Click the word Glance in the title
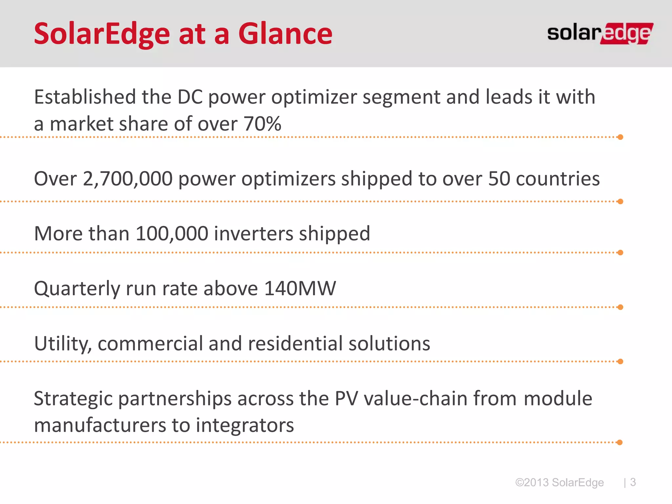coord(285,33)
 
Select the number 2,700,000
coord(128,179)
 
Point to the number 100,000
coord(172,234)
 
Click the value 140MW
coord(300,288)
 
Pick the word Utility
coord(63,344)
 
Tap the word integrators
coord(245,425)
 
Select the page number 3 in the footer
coord(633,482)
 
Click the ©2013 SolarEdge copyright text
coord(559,482)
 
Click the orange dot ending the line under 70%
coord(620,137)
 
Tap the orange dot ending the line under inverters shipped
coord(620,253)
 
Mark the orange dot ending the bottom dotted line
coord(619,442)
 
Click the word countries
coord(557,179)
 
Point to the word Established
coord(85,97)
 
